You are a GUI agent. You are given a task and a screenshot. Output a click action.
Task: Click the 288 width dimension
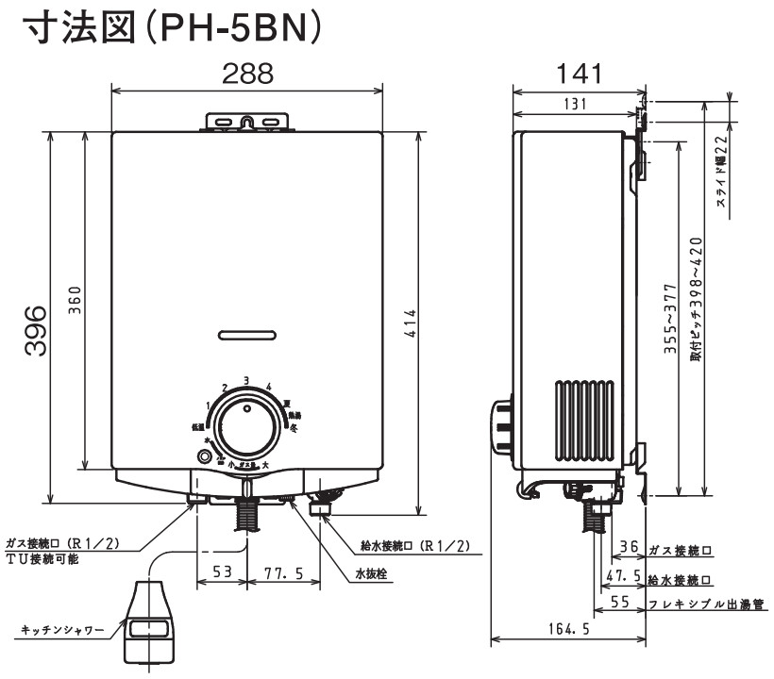pos(247,74)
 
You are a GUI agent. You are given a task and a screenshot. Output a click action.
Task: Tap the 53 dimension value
pos(221,572)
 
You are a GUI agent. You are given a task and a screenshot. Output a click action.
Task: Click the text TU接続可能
pos(43,559)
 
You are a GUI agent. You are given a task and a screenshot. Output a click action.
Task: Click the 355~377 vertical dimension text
pos(671,318)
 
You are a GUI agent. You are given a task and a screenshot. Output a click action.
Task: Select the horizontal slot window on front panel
pos(247,334)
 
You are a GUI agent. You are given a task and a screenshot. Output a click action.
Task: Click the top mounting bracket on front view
pos(247,121)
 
